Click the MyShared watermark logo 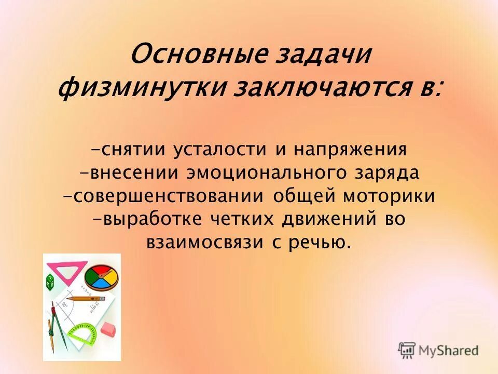tap(439, 350)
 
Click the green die tap(52, 282)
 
